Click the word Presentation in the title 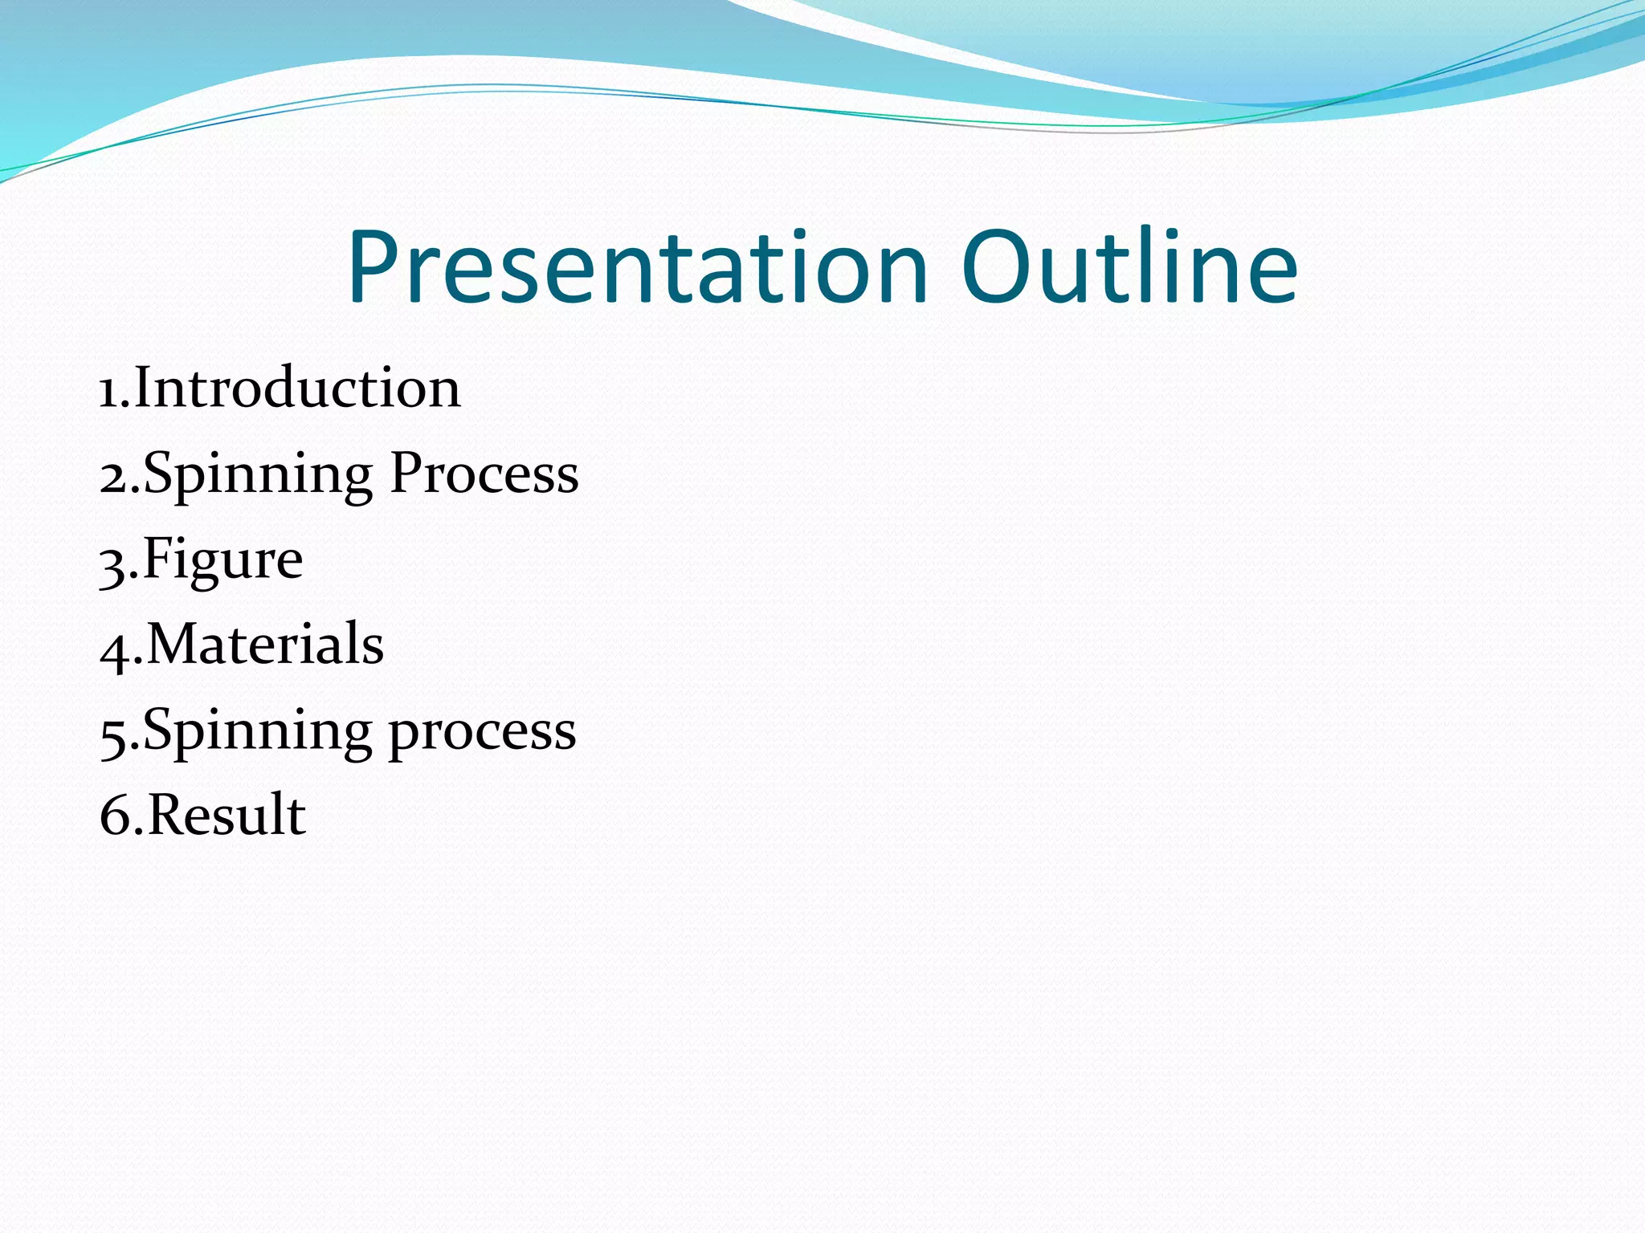tap(638, 268)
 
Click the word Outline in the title tap(1129, 268)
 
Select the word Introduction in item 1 tap(297, 389)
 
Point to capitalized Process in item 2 tap(484, 474)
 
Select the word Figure tap(222, 560)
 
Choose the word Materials tap(265, 645)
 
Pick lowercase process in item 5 tap(482, 733)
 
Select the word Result tap(227, 816)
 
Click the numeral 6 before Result tap(114, 816)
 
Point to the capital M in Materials tap(176, 645)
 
